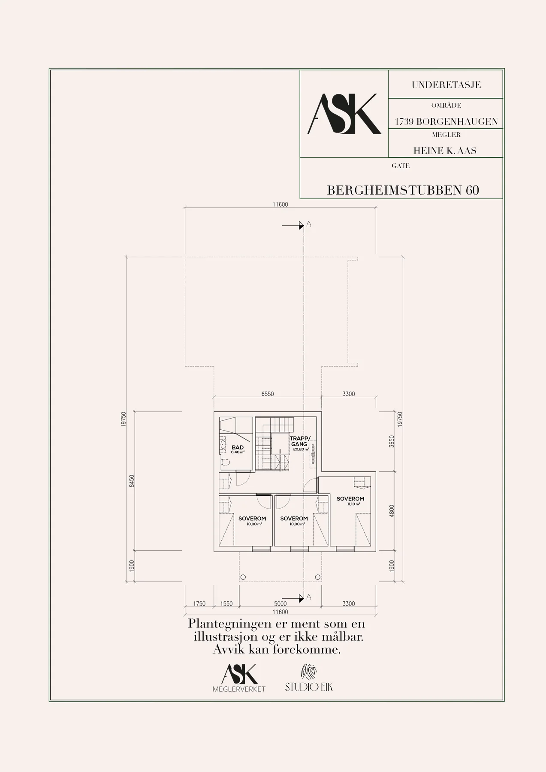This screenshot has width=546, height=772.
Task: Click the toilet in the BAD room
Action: tap(226, 462)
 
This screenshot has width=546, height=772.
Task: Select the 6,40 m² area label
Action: tap(238, 452)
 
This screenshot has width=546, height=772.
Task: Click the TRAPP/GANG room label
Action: tap(299, 441)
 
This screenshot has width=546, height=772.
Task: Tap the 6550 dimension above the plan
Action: tap(268, 394)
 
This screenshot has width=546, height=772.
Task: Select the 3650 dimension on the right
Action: tap(391, 441)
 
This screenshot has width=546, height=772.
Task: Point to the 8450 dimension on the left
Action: tap(132, 481)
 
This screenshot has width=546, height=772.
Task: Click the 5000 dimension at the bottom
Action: tap(281, 603)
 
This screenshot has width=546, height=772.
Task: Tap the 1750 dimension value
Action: tap(199, 603)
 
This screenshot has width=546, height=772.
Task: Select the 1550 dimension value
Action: tap(226, 603)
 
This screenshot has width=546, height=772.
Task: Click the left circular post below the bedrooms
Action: tap(243, 577)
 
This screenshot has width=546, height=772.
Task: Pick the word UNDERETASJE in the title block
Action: tap(446, 85)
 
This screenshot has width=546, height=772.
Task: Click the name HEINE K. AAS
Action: tap(445, 151)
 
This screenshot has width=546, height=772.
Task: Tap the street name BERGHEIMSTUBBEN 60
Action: tap(403, 190)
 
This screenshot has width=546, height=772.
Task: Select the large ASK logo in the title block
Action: tap(344, 114)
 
